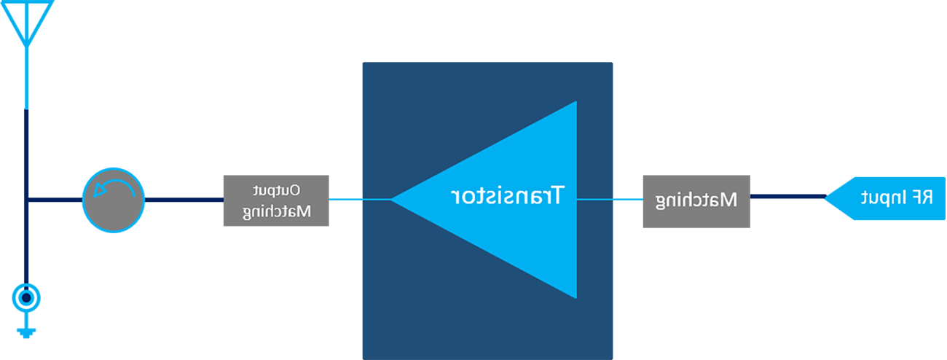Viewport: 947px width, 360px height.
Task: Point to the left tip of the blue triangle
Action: pyautogui.click(x=394, y=198)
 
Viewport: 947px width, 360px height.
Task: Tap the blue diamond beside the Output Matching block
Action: pyautogui.click(x=345, y=199)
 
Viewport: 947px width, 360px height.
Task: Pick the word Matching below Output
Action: pyautogui.click(x=277, y=212)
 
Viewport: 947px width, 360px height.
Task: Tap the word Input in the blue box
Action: pyautogui.click(x=879, y=197)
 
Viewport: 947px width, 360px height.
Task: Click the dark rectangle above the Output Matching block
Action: pyautogui.click(x=307, y=31)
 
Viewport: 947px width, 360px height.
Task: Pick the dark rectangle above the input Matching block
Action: pyautogui.click(x=668, y=31)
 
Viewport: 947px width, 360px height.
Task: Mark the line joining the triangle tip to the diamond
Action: pyautogui.click(x=376, y=199)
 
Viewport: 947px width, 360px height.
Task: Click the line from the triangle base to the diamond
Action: pyautogui.click(x=594, y=199)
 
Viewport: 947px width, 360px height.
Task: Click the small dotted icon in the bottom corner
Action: pyautogui.click(x=26, y=294)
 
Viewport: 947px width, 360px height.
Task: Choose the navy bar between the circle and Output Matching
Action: pyautogui.click(x=178, y=197)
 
